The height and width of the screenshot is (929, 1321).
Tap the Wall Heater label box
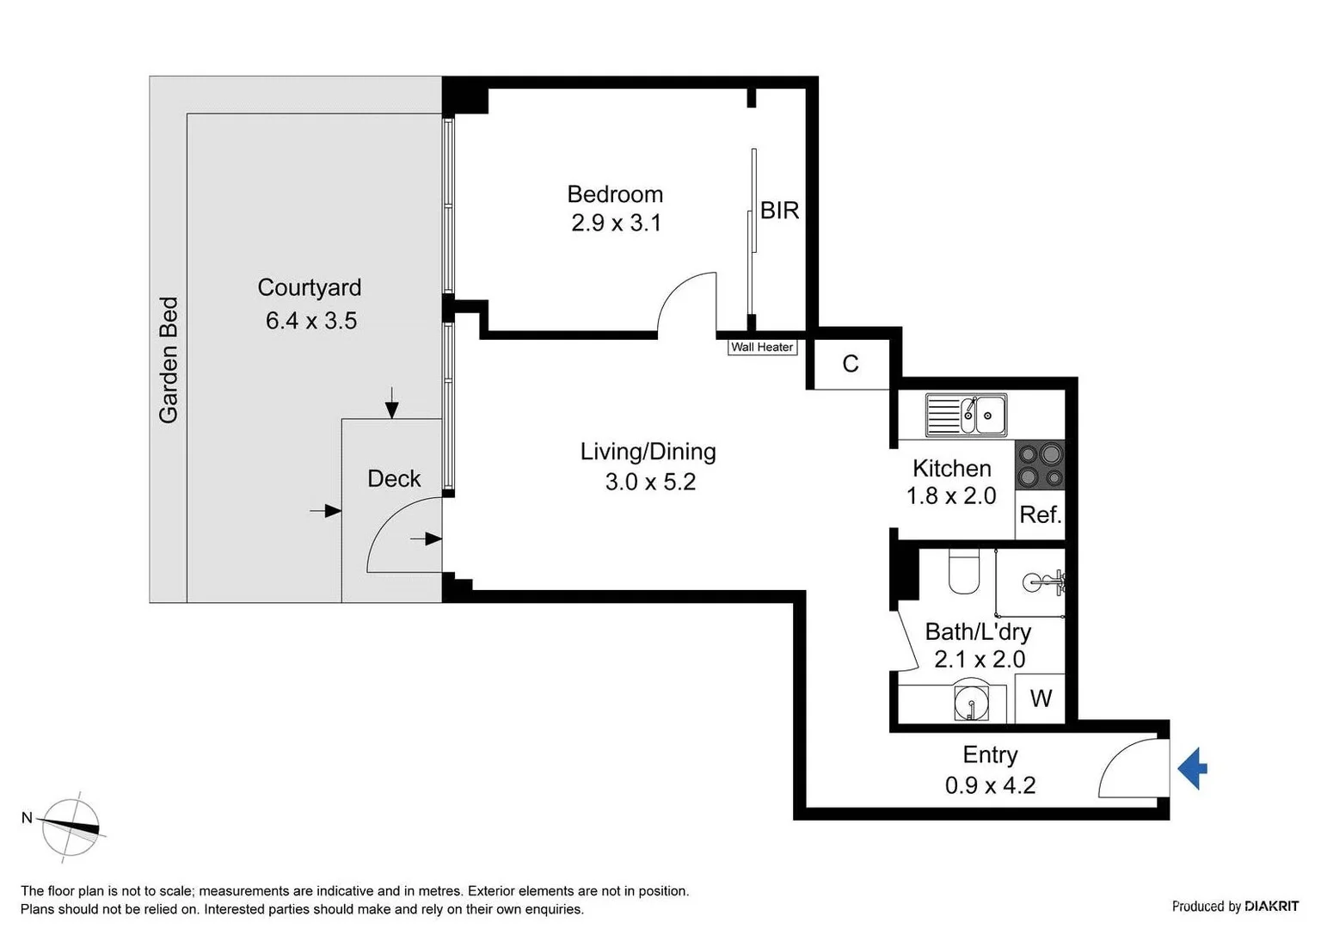(762, 348)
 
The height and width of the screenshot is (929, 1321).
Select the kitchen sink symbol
(966, 415)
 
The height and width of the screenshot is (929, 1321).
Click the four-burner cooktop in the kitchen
(1040, 465)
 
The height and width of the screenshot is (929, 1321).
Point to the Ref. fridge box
(1040, 514)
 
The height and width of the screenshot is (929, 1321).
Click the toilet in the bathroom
(964, 572)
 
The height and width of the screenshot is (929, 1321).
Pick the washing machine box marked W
(1041, 698)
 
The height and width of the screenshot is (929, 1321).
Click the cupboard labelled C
(851, 364)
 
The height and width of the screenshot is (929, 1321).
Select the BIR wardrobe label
(779, 211)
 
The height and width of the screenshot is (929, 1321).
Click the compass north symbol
(71, 826)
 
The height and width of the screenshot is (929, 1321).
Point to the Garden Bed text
(169, 360)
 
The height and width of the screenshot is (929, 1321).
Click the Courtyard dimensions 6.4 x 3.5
(310, 321)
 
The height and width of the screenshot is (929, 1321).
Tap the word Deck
(394, 479)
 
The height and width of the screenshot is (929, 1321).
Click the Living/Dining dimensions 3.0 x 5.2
(650, 482)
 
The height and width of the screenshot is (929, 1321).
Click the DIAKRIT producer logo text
(1271, 906)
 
